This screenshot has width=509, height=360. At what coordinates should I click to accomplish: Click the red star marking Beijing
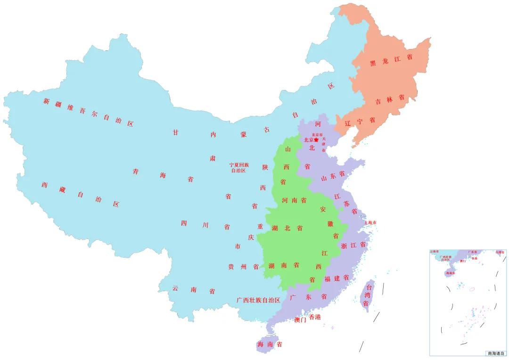coord(316,140)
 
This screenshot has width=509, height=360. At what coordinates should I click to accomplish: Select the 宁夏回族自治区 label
coord(239,168)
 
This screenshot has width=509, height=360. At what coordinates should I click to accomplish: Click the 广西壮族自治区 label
coord(258,300)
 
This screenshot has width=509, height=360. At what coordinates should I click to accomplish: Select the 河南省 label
coord(294,200)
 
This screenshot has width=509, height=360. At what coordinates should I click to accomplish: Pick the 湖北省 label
coord(287,228)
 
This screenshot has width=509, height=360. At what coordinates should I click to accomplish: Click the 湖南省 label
coord(284,265)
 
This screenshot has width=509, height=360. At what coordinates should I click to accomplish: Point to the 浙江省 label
coord(353,245)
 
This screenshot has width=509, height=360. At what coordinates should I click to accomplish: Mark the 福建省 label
coord(337,278)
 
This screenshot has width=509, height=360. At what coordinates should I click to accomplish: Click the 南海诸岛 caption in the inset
coord(496,353)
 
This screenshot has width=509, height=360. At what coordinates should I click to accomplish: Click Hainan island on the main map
coord(269,344)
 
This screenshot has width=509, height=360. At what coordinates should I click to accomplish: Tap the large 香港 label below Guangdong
coord(315,317)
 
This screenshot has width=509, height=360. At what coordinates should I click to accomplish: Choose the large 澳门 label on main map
coord(300,320)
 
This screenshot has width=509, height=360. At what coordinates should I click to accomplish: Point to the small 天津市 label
coord(324,144)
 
